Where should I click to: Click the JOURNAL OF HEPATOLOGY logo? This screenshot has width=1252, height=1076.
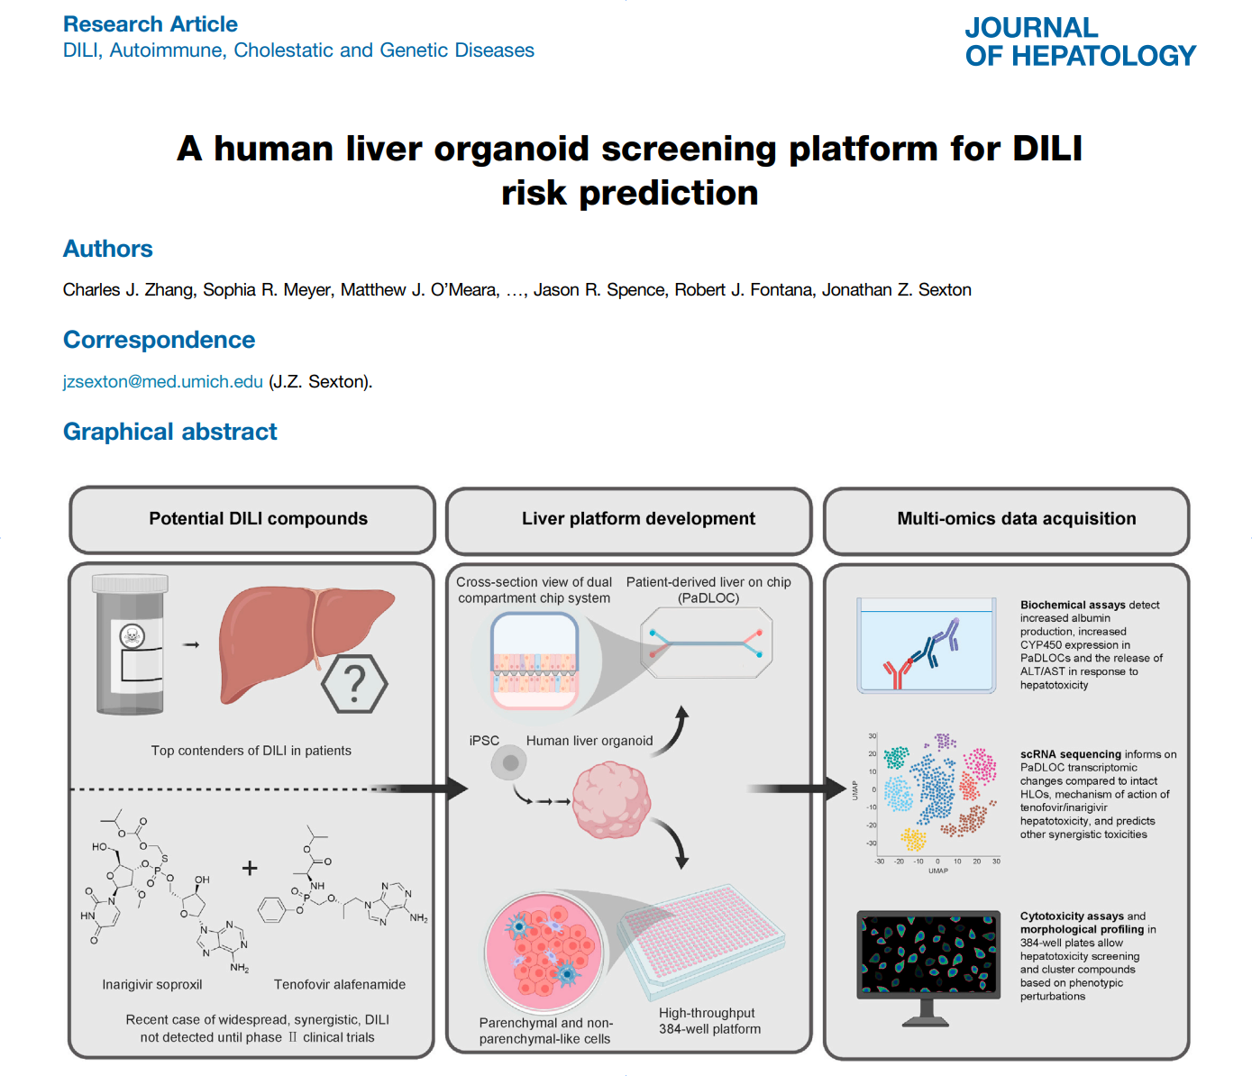[x=1080, y=41]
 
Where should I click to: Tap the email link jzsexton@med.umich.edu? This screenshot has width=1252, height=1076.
[x=163, y=381]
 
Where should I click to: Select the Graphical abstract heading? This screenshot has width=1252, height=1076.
[x=169, y=432]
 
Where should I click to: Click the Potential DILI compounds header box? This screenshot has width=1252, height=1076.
[x=252, y=520]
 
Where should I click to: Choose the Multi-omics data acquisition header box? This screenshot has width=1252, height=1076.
[x=1006, y=521]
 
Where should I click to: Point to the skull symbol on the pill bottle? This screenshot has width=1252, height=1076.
[x=132, y=636]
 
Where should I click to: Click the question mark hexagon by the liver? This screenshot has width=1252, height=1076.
[x=354, y=684]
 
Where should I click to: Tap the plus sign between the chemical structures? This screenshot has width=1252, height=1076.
[x=250, y=869]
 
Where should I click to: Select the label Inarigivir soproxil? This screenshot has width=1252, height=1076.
[x=152, y=985]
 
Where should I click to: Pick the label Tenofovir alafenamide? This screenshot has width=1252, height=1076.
[x=340, y=985]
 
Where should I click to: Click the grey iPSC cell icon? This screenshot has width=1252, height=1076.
[x=508, y=763]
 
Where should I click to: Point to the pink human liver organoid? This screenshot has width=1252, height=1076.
[x=611, y=800]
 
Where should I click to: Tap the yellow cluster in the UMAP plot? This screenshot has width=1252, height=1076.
[x=913, y=840]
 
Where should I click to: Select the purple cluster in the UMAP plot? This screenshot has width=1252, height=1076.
[x=945, y=741]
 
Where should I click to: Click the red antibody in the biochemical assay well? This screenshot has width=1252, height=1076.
[x=897, y=674]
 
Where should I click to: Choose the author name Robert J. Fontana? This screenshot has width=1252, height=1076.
[x=745, y=290]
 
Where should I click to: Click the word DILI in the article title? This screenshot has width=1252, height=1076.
[x=1047, y=149]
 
